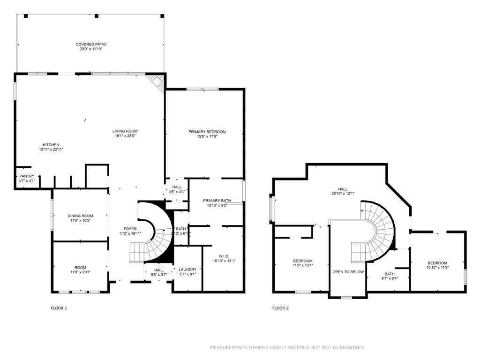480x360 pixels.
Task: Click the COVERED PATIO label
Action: (x=90, y=44)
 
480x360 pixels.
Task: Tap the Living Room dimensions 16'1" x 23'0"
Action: (x=125, y=136)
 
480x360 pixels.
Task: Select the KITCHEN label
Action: (x=51, y=145)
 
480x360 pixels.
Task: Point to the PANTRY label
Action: (x=27, y=176)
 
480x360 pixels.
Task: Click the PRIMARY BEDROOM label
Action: (x=207, y=132)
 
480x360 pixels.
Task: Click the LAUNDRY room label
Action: (x=187, y=270)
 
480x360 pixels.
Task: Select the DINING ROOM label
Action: (x=81, y=216)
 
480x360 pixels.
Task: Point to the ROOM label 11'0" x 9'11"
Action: (x=81, y=267)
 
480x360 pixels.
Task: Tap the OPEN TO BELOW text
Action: (x=348, y=272)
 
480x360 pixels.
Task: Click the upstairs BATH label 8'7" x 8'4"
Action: (x=390, y=274)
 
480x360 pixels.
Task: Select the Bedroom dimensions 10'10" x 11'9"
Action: (x=437, y=268)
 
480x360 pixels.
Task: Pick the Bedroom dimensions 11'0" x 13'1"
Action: (x=303, y=265)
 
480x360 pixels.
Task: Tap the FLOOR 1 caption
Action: (x=59, y=308)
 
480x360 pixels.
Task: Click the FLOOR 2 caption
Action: (x=280, y=308)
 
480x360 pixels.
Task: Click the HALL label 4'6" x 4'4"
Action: (x=177, y=187)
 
